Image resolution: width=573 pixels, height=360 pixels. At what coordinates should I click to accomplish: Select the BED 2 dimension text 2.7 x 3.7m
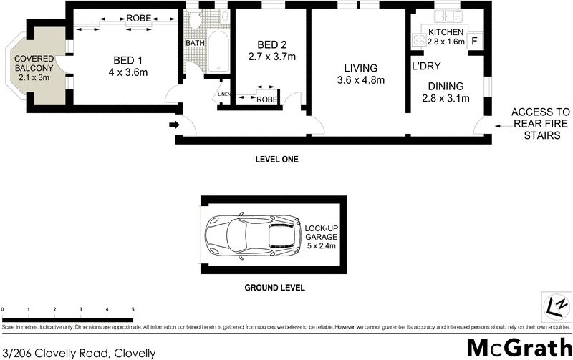pos(266,56)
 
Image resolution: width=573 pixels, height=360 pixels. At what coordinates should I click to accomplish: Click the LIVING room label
pos(360,68)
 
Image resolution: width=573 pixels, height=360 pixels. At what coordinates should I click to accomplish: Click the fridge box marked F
pos(475,41)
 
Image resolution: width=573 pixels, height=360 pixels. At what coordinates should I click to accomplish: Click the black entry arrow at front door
pos(173,126)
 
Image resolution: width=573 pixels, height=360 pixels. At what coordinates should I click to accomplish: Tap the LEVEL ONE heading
pos(276,159)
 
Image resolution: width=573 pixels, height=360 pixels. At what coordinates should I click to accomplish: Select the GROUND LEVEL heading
pos(276,288)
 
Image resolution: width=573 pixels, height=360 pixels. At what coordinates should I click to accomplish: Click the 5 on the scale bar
pos(133,308)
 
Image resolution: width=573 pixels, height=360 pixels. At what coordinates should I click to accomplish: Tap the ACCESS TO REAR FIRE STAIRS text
pos(540,124)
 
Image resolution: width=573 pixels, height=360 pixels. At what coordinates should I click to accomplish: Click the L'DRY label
pos(425,67)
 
